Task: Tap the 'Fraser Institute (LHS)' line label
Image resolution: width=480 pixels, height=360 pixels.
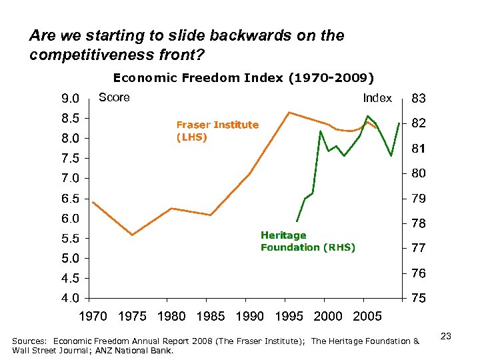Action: click(217, 131)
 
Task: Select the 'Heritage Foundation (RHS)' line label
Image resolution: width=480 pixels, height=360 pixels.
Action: click(307, 241)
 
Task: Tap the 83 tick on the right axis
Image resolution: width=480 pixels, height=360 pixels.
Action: click(419, 99)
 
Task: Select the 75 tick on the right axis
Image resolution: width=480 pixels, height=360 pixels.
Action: click(419, 299)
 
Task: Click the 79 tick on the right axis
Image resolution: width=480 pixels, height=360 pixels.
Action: click(419, 199)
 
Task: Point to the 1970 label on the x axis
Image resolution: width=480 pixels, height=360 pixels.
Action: click(93, 316)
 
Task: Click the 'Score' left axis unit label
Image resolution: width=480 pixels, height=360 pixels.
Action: click(114, 98)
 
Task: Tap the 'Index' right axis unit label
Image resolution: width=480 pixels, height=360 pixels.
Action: click(377, 98)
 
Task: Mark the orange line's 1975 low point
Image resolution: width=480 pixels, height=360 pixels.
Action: click(132, 235)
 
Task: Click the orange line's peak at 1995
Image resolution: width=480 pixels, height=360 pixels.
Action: click(288, 112)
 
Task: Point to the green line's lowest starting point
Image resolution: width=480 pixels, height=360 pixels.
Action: click(297, 221)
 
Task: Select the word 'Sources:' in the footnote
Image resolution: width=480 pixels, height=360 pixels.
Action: click(30, 341)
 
